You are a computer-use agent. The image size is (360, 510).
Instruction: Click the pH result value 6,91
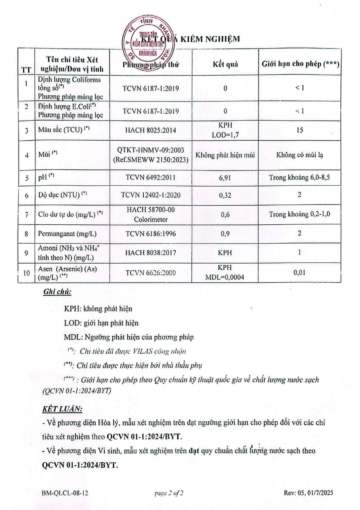click(x=225, y=178)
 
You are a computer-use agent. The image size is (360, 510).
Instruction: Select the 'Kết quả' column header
click(x=225, y=64)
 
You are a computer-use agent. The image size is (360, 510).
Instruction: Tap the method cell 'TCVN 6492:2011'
click(x=151, y=178)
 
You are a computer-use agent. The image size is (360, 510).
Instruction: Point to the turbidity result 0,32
click(x=225, y=195)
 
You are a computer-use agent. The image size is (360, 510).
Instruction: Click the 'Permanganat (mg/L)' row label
click(x=67, y=234)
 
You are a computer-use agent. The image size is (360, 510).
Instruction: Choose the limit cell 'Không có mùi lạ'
click(x=300, y=155)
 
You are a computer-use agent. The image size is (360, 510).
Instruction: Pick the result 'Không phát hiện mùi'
click(x=225, y=155)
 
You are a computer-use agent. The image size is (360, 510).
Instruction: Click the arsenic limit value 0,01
click(x=299, y=273)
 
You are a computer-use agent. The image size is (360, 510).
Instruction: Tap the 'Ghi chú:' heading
click(x=57, y=292)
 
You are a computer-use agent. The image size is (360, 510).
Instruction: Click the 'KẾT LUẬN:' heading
click(x=62, y=409)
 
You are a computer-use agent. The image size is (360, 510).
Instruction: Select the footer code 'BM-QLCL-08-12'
click(x=65, y=493)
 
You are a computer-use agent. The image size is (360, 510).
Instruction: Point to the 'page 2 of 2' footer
click(x=169, y=493)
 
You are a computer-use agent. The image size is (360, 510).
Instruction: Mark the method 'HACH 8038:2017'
click(x=151, y=253)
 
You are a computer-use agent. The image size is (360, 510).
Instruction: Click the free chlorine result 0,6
click(x=225, y=215)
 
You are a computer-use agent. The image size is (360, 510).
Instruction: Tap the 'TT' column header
click(x=26, y=70)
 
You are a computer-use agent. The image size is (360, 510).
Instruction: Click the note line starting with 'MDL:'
click(x=129, y=337)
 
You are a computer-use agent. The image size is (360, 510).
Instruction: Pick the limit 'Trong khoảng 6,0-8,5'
click(x=299, y=178)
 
